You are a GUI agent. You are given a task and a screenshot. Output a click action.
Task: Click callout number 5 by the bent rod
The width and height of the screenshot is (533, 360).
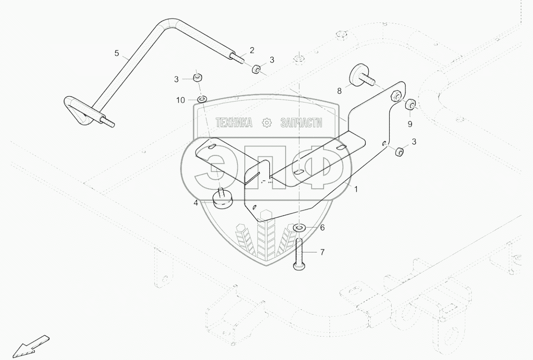(x=117, y=53)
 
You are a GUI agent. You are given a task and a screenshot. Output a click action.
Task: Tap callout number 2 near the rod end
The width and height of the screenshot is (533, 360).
(x=252, y=50)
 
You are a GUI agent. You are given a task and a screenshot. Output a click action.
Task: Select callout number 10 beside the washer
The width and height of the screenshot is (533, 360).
(x=180, y=100)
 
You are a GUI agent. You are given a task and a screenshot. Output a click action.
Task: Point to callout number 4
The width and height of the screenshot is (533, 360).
(x=196, y=203)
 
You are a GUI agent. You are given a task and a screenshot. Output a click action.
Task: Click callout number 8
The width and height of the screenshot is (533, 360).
(x=339, y=91)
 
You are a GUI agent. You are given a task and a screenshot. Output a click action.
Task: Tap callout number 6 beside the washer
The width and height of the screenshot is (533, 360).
(x=322, y=228)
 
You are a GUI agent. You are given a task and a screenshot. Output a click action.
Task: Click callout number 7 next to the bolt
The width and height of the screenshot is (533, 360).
(x=322, y=252)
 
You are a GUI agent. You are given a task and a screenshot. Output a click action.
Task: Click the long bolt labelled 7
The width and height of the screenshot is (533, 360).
(x=300, y=255)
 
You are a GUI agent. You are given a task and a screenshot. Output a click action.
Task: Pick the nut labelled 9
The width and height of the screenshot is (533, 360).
(x=410, y=105)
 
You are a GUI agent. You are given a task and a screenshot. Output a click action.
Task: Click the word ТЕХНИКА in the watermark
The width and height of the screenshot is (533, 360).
(x=234, y=122)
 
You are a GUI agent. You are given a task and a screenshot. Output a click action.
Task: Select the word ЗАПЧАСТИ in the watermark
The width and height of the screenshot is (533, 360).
(x=302, y=122)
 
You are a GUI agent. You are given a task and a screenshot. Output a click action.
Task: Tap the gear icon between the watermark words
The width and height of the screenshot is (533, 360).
(x=267, y=122)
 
